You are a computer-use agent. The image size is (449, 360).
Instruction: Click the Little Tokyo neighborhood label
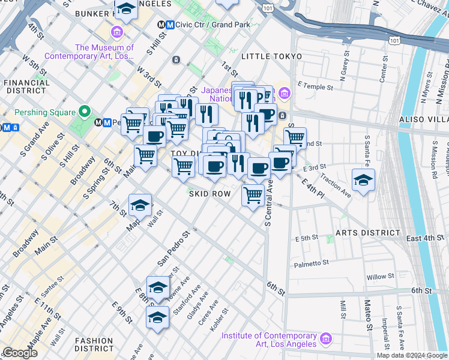pos(271,56)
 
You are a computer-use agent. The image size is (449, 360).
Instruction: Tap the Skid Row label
pos(209,194)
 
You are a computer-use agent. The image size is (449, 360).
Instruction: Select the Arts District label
pos(367,232)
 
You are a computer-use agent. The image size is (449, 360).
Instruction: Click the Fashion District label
pos(94,344)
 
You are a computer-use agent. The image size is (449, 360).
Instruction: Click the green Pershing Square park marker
pos(85,112)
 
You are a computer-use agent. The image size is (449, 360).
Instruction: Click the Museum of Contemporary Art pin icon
pos(116,31)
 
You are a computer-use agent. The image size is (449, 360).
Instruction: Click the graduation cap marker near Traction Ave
pos(363,180)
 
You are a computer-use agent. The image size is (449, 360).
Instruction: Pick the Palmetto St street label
pos(311,263)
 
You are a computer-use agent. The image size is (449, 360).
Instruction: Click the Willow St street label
pos(381,277)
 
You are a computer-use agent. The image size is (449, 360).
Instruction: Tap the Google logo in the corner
pos(20,353)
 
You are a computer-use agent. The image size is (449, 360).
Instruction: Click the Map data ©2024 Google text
pos(412,355)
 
